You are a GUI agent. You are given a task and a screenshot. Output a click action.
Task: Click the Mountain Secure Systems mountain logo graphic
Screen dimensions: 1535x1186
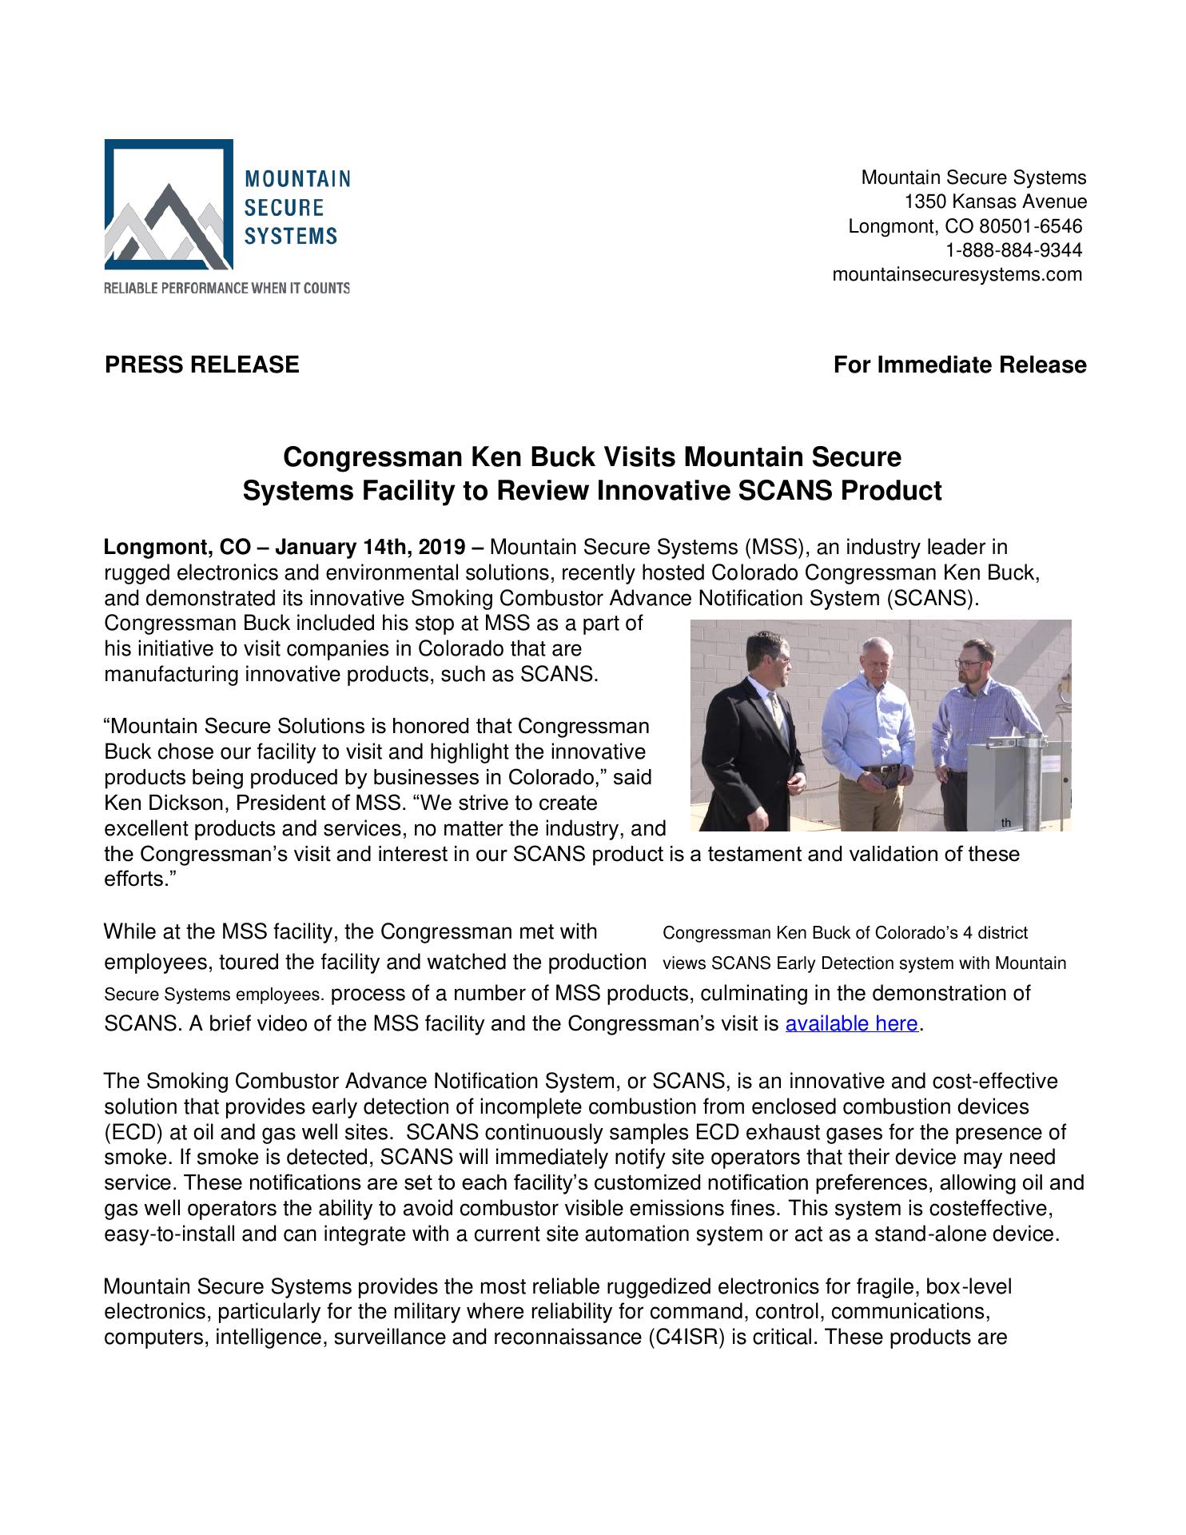(169, 205)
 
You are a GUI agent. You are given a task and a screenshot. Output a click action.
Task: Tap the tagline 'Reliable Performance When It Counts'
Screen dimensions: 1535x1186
(227, 288)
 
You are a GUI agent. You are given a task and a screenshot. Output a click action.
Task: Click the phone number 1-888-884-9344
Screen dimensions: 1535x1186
(1013, 250)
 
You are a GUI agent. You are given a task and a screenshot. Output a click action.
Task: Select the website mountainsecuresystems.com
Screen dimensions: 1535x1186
(957, 274)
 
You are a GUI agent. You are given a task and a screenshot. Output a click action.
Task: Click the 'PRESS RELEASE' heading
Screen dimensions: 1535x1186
(202, 365)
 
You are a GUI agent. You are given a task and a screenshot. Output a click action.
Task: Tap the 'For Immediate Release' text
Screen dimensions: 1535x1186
(959, 365)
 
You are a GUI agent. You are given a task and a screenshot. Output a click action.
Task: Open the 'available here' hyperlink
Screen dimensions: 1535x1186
(852, 1023)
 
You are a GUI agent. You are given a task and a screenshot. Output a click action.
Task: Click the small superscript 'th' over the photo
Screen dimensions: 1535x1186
(1005, 823)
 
